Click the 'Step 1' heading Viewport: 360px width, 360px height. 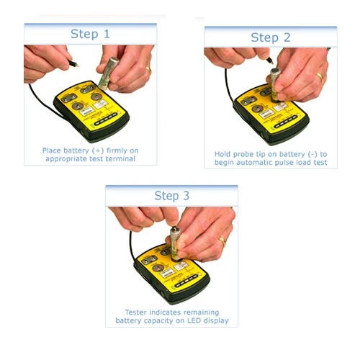(x=90, y=34)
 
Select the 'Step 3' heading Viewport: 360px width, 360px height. (x=171, y=196)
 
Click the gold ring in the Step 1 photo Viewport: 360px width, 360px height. (x=148, y=70)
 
